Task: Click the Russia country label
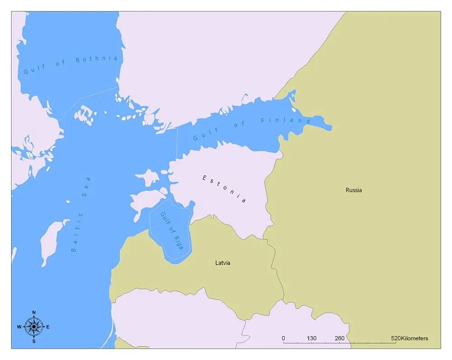coord(353,190)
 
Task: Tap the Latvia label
coord(222,263)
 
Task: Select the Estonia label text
coord(224,188)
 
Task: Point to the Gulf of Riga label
coord(172,231)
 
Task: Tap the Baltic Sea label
coord(81,214)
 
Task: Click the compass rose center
coord(33,326)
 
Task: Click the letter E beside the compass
coord(48,327)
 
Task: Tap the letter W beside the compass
coord(19,327)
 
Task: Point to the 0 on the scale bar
coord(283,338)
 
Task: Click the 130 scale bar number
coord(311,338)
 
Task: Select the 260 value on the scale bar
coord(339,338)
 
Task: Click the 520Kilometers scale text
coord(410,338)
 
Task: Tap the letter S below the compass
coord(34,341)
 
